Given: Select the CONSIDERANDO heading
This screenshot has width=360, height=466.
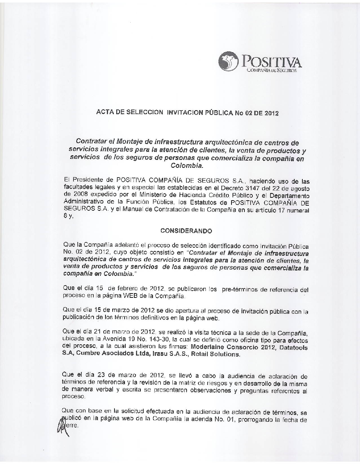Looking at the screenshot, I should [x=186, y=230].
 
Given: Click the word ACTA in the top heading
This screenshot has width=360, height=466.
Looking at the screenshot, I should [x=104, y=113].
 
